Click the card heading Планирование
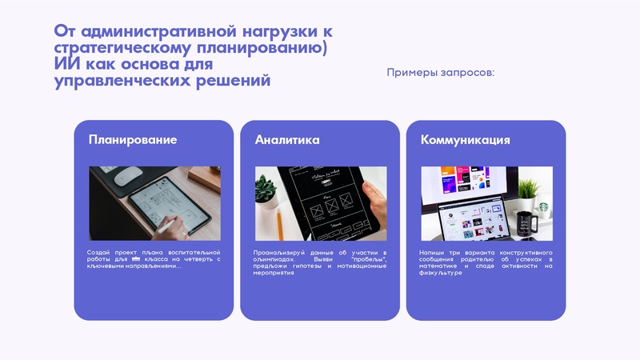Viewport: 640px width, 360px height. point(133,140)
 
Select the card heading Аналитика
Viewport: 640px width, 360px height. point(287,140)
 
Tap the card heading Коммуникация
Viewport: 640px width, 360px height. point(466,140)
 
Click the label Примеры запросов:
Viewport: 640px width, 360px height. point(441,73)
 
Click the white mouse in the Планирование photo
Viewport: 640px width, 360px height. point(131,174)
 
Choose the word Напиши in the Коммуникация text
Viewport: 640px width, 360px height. point(432,253)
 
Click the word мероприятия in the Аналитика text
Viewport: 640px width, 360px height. point(274,273)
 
